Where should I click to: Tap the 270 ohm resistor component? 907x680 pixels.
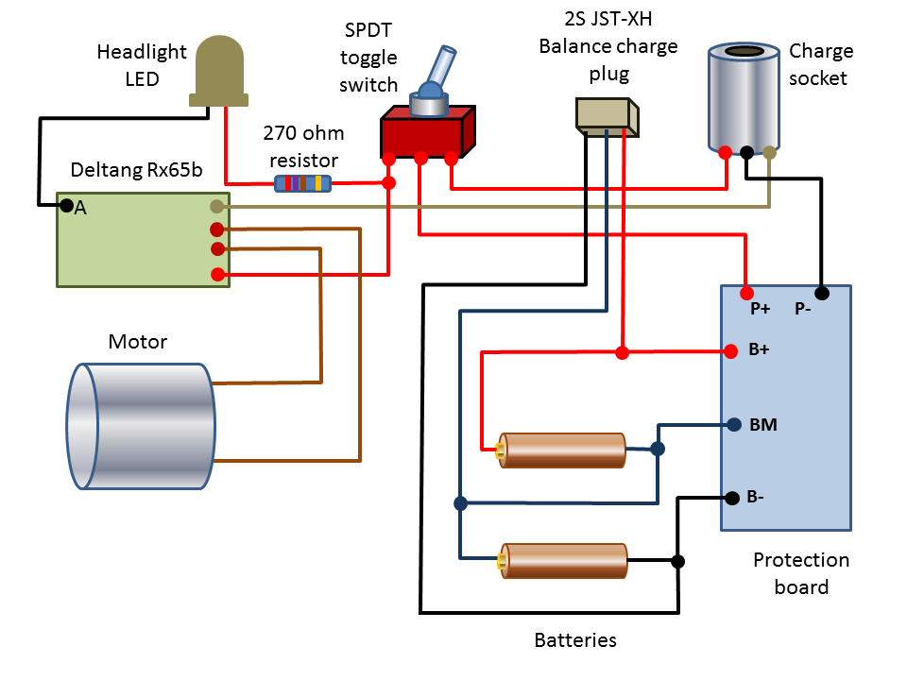point(302,183)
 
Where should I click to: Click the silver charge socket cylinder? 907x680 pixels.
point(746,98)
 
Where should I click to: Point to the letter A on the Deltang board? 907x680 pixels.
point(80,209)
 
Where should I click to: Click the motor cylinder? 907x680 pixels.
point(142,426)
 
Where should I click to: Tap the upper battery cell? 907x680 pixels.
point(562,450)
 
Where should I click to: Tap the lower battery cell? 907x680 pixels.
point(564,561)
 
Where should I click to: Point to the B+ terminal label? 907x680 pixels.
point(760,351)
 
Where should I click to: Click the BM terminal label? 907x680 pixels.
point(762,426)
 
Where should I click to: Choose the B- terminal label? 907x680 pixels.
point(757,497)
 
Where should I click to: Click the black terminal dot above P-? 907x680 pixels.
point(822,293)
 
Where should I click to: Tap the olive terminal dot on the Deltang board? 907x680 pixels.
point(216,206)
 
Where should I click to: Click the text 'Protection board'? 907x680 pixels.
point(801,573)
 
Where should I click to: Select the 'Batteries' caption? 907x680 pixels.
point(575,640)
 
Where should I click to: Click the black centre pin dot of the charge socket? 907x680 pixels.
point(746,152)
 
